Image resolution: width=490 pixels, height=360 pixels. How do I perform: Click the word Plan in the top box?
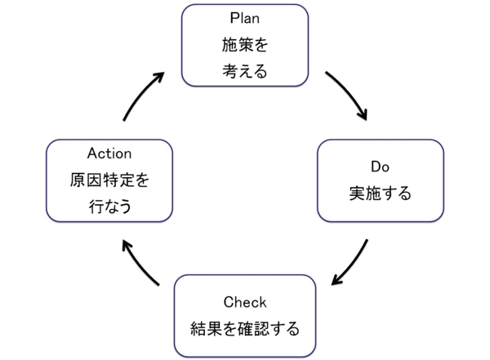point(244,17)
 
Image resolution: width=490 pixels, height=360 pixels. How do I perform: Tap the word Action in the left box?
point(109,153)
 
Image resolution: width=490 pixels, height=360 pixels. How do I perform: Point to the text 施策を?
point(244,43)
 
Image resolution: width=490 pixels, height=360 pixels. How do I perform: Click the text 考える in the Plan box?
point(244,71)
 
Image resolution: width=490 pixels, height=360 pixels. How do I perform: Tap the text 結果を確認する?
point(244,330)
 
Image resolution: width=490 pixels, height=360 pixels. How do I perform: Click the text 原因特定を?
point(109,180)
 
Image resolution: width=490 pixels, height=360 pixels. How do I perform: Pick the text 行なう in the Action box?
point(109,207)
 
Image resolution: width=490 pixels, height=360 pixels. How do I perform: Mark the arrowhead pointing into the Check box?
point(335,281)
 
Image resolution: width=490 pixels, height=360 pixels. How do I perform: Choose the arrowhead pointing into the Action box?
point(125,243)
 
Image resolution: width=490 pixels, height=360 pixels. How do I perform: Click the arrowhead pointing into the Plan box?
point(158,77)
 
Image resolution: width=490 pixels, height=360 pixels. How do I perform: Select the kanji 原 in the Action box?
point(77,180)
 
